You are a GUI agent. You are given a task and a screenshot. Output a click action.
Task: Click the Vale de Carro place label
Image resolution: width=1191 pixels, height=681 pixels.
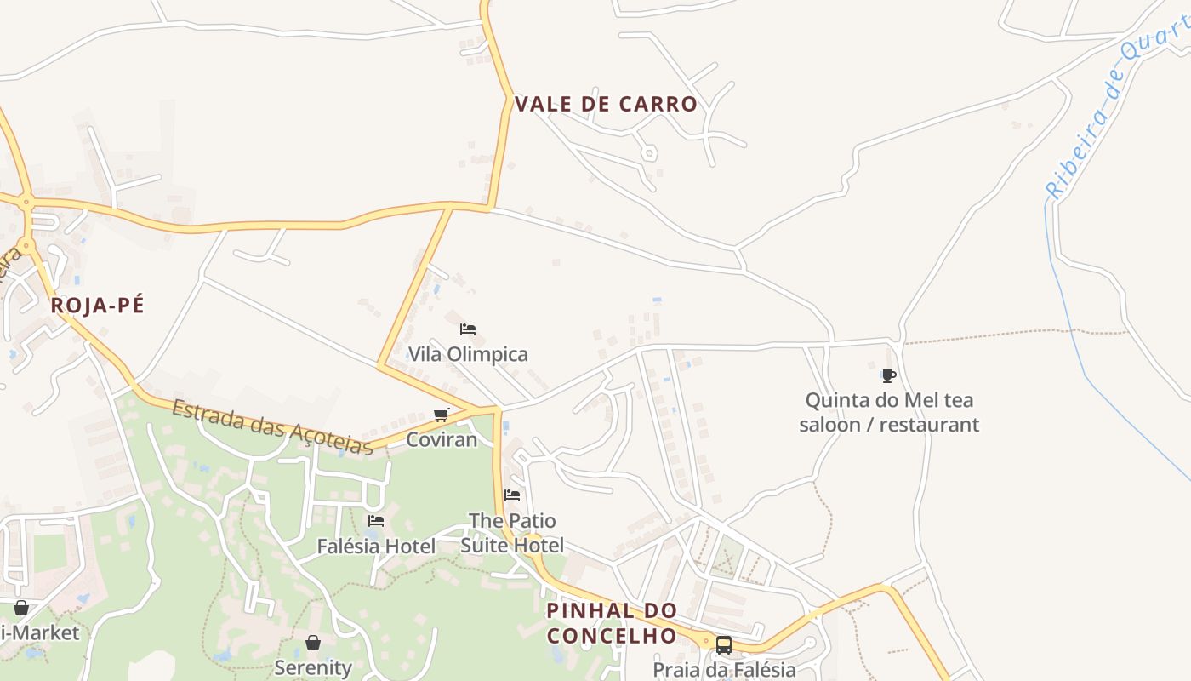[x=606, y=105]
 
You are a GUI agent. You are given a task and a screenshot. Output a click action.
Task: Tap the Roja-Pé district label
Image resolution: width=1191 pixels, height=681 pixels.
[x=97, y=306]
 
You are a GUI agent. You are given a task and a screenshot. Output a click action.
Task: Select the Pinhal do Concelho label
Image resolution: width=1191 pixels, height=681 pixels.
[x=612, y=623]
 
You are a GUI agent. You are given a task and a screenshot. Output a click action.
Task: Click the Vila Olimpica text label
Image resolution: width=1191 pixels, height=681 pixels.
[x=468, y=354]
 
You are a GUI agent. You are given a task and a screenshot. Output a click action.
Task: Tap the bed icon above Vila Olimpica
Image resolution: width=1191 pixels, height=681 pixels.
[x=467, y=329]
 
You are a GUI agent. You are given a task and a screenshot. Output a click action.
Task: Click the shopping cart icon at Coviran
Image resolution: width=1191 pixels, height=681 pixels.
[x=441, y=415]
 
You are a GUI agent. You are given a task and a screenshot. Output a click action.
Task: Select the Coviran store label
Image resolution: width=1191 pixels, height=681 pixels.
[x=442, y=439]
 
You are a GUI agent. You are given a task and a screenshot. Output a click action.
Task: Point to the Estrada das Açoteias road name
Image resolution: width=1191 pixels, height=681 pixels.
[x=272, y=426]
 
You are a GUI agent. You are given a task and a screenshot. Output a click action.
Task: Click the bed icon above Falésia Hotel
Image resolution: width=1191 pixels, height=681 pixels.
[x=376, y=521]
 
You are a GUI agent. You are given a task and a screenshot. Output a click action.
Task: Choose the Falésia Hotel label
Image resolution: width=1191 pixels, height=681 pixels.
[x=376, y=546]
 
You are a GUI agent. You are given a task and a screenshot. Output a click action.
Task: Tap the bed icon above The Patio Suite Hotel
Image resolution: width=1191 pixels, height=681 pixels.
[x=512, y=495]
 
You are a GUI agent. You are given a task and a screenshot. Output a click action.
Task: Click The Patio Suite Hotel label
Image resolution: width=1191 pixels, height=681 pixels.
[x=512, y=532]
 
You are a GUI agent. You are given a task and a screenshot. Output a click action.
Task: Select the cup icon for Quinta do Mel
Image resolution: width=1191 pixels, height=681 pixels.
[x=889, y=375]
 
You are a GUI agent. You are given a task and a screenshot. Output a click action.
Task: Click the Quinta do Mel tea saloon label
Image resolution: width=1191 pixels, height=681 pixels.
[x=889, y=412]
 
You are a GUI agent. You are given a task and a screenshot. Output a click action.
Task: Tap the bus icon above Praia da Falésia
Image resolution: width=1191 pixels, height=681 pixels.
[x=724, y=645]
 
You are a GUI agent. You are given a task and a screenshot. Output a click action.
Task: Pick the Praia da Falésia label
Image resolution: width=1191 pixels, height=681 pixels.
[x=724, y=670]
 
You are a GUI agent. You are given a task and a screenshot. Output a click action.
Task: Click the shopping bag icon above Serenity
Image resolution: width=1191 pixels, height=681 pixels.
[x=313, y=643]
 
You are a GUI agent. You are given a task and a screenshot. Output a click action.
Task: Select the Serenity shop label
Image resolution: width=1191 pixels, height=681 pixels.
[x=313, y=667]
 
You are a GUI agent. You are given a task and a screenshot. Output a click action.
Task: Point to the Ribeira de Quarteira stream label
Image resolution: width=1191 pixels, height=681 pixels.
[x=1110, y=111]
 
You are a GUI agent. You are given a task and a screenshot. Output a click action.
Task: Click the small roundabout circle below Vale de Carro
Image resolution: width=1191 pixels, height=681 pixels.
[x=649, y=153]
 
